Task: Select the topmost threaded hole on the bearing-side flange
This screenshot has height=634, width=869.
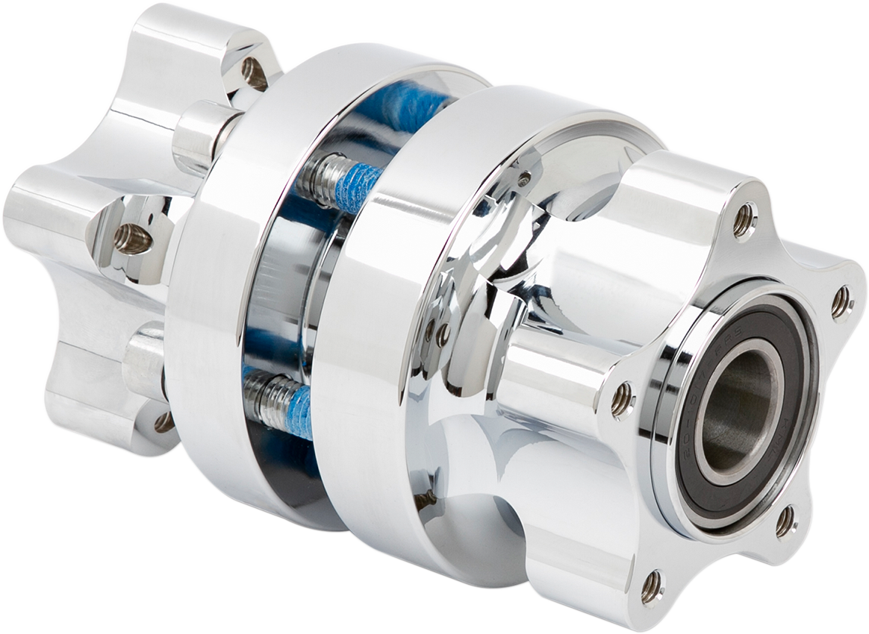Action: (743, 221)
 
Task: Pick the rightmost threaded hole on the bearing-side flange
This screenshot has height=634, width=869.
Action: (841, 302)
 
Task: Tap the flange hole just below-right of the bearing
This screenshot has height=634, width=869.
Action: (785, 521)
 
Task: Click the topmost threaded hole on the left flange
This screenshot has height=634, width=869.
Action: (254, 73)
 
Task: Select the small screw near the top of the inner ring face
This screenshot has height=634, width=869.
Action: (525, 178)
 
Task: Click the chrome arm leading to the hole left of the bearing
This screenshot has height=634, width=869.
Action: (552, 373)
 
